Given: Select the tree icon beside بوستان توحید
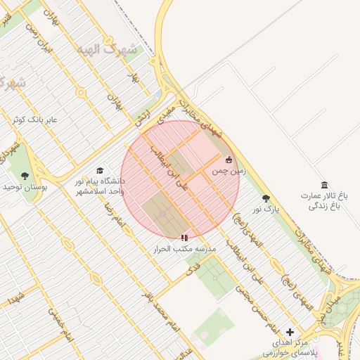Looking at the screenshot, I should click(25, 176).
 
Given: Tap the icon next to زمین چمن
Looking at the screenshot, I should click(229, 160).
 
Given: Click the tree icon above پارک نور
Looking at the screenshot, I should click(266, 198).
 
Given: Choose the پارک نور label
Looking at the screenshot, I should click(266, 209).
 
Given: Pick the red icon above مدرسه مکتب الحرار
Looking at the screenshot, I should click(184, 238).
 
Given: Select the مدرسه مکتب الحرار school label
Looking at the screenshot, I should click(186, 249).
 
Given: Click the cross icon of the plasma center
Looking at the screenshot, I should click(290, 332).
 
